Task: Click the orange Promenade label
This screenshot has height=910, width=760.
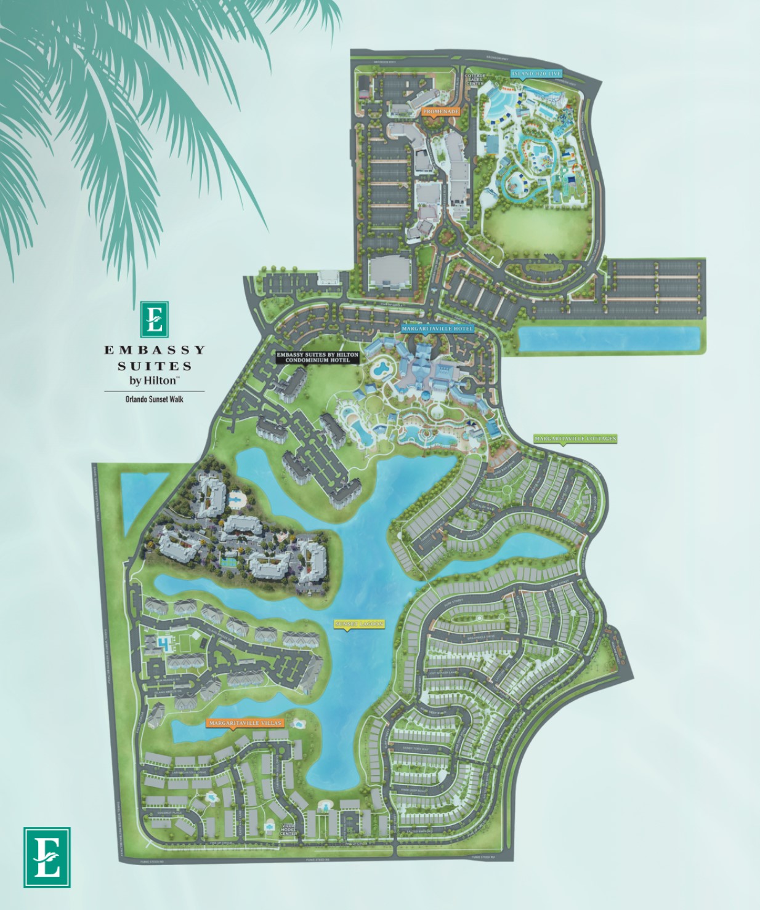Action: (441, 112)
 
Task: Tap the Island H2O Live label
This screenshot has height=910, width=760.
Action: (536, 74)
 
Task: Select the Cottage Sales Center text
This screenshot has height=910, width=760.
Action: (475, 79)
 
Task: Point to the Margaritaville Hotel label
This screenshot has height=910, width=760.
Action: (438, 329)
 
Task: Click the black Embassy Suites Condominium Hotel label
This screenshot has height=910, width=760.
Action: (317, 357)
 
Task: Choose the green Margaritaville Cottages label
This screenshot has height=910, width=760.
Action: (575, 439)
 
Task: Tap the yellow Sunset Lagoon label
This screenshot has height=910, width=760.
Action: (359, 624)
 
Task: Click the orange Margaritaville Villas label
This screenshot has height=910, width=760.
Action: (245, 723)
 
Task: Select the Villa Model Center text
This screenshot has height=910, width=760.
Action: (288, 829)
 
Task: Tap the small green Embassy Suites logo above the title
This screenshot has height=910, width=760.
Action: (154, 319)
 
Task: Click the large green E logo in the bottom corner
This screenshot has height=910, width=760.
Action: (47, 856)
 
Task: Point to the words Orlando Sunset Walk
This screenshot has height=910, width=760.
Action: (154, 399)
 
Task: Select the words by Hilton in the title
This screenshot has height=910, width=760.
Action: (153, 380)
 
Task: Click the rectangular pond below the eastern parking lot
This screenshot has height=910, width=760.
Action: (610, 339)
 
